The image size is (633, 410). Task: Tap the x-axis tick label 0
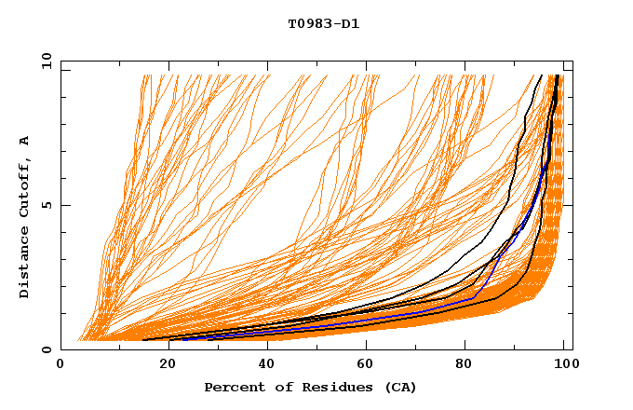tap(61, 364)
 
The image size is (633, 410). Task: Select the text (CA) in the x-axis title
tap(398, 388)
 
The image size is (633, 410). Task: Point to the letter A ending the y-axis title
tap(24, 140)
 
